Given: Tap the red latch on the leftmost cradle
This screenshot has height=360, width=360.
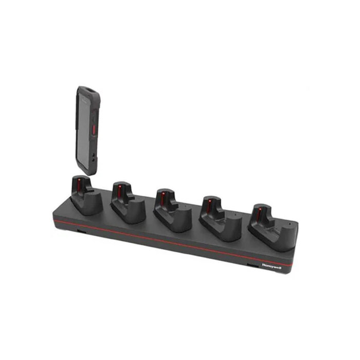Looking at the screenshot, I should click(x=78, y=184).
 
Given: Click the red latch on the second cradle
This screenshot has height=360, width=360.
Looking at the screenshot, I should click(x=119, y=190).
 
